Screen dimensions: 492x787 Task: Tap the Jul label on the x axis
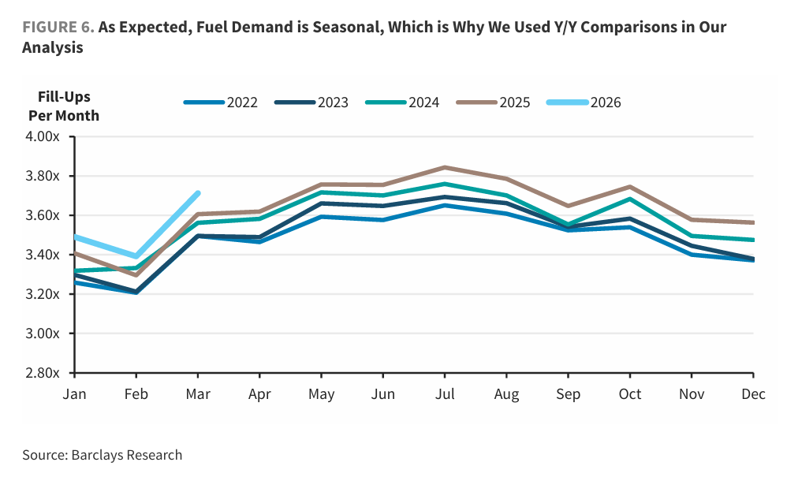(x=445, y=394)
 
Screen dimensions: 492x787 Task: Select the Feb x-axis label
(x=136, y=394)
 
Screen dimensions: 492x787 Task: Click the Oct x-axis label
(x=630, y=394)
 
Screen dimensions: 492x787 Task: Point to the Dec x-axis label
(x=753, y=394)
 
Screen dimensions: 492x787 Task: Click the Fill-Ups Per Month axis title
(x=64, y=106)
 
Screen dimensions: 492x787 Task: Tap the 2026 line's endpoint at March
(x=198, y=192)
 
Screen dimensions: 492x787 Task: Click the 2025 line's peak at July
(x=445, y=167)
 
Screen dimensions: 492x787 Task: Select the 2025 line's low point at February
(x=136, y=274)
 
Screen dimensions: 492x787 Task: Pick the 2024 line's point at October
(x=630, y=199)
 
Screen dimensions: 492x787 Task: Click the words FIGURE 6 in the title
(x=58, y=28)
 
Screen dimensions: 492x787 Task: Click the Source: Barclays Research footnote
(x=102, y=455)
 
